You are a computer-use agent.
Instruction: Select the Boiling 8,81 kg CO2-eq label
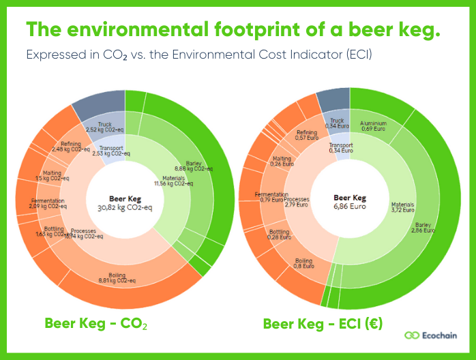pos(117,280)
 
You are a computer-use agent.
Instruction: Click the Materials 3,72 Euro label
pos(403,207)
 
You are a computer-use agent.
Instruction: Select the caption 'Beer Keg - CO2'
pos(95,323)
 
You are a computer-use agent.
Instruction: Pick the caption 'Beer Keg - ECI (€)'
pos(323,323)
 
